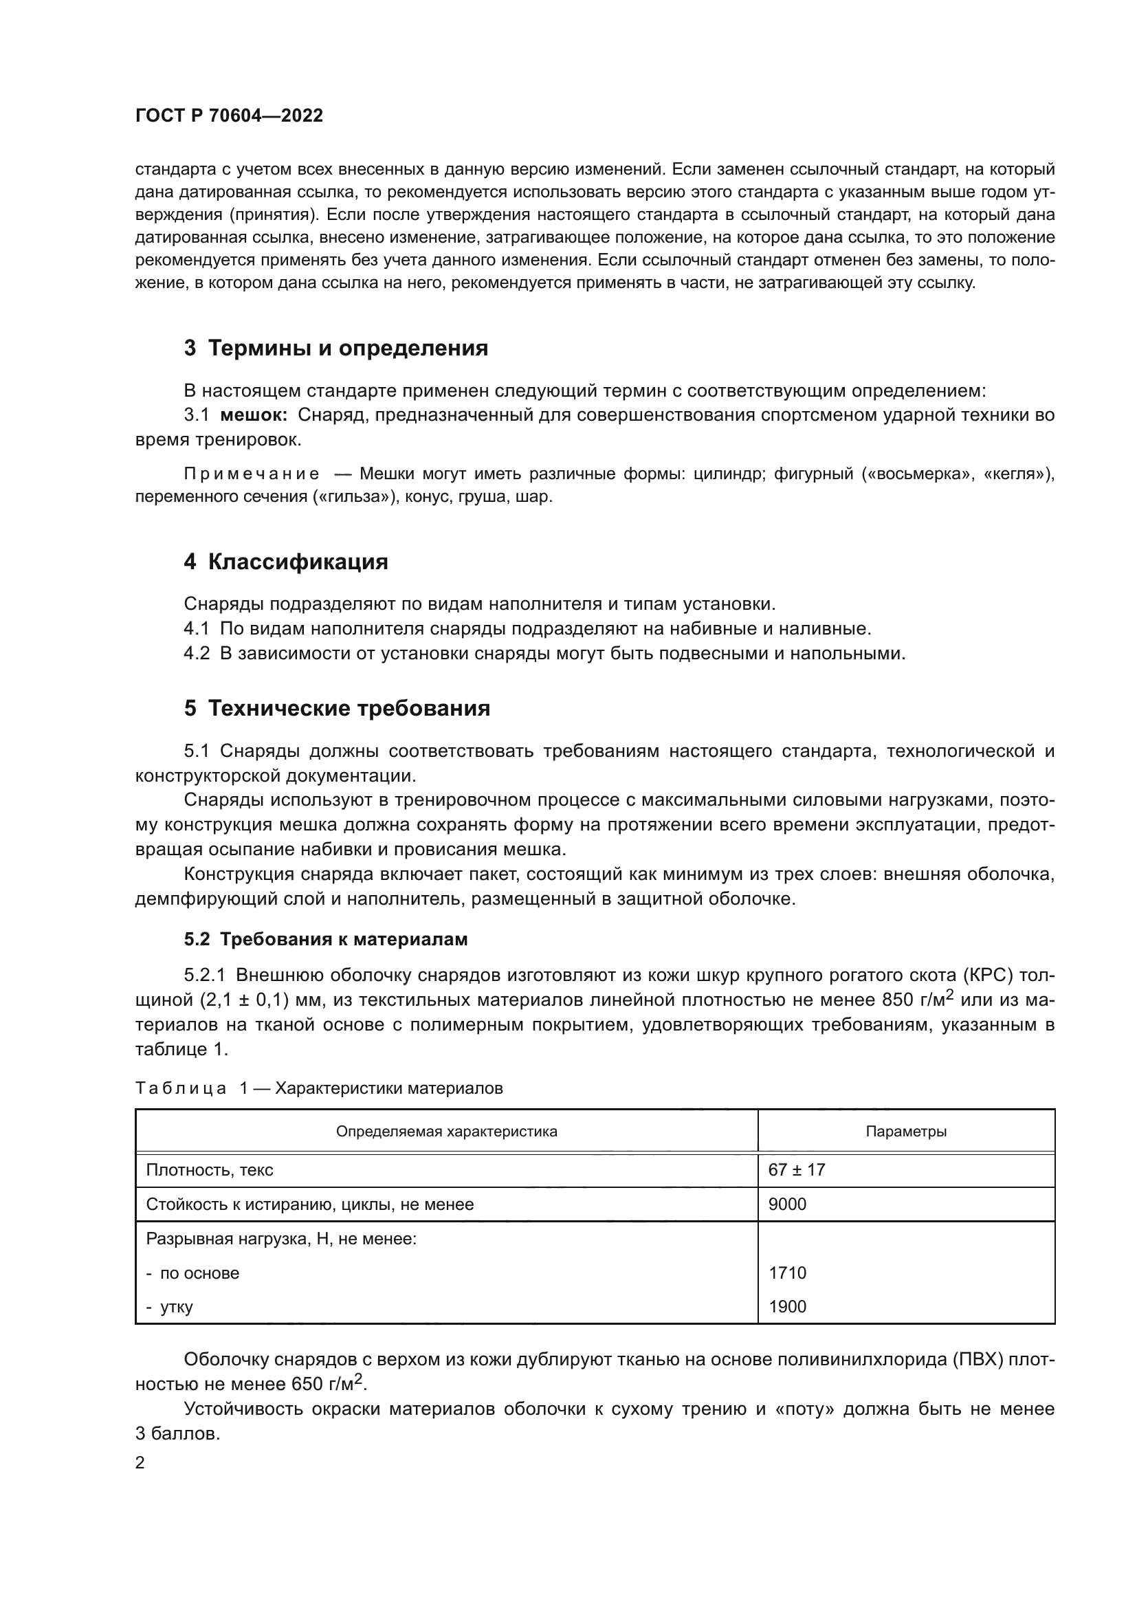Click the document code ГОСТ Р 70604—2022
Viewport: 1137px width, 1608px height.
click(229, 116)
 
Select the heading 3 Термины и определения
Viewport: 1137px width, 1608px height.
click(336, 348)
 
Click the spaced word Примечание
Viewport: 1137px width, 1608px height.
click(252, 474)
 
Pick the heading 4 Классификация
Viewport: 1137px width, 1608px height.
click(286, 562)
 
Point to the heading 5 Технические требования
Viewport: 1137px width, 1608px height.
click(337, 708)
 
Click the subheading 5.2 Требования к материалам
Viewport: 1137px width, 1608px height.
click(326, 939)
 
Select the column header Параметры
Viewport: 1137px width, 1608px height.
click(906, 1131)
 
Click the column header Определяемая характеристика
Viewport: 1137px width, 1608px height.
click(447, 1131)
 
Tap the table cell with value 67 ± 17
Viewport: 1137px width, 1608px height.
click(797, 1169)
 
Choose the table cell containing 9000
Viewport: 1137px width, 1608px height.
click(788, 1204)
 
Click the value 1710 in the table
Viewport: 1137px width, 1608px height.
click(788, 1273)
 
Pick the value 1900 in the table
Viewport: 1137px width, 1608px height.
click(788, 1306)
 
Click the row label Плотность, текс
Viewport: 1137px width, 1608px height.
click(210, 1169)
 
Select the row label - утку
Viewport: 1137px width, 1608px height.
click(169, 1306)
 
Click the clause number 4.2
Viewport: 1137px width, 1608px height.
click(197, 653)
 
